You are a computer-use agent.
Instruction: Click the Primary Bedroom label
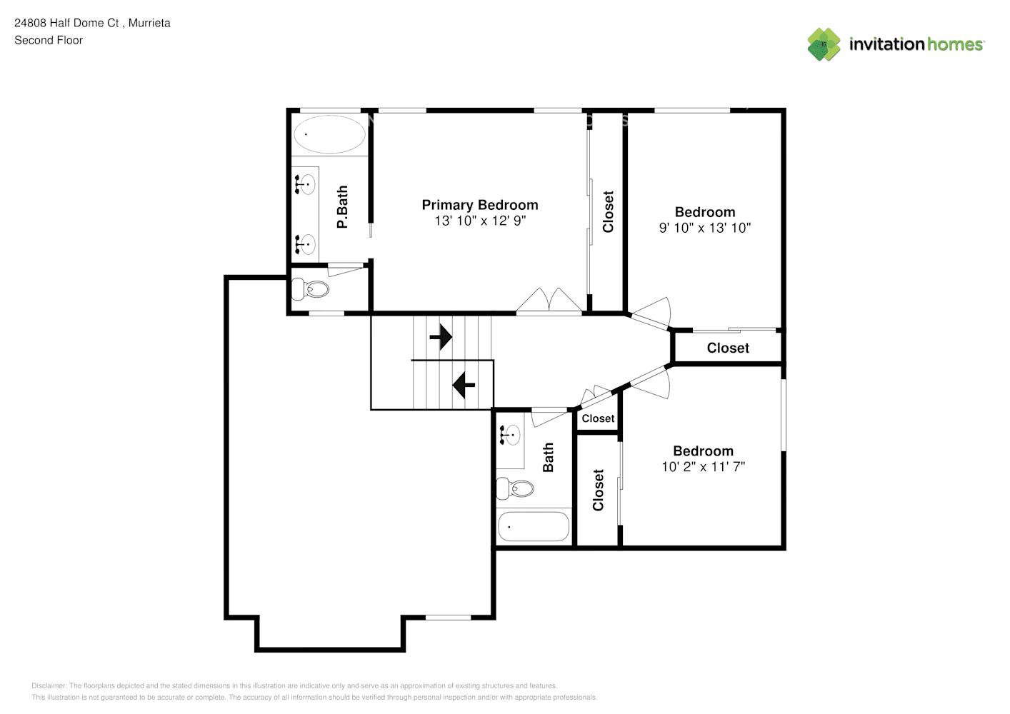pos(480,205)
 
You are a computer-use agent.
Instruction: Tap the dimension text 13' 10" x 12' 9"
pos(480,221)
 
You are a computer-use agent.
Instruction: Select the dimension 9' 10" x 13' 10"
pos(705,228)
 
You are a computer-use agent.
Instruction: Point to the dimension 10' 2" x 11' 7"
pos(703,466)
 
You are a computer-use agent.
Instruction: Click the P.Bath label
pos(342,207)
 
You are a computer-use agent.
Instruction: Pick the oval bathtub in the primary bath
pos(329,134)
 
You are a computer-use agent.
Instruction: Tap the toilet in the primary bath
pos(310,289)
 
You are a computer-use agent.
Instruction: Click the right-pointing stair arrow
pos(441,337)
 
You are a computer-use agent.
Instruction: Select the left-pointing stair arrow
pos(464,385)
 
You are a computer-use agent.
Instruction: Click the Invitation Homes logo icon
pos(824,44)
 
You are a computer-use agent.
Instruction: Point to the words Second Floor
pos(49,40)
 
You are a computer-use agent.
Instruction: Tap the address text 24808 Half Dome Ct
pos(66,23)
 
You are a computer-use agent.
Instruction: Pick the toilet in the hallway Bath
pos(515,488)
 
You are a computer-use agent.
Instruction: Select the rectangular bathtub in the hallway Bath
pos(534,526)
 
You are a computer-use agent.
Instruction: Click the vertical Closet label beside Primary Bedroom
pos(609,212)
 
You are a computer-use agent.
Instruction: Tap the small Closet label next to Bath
pos(598,418)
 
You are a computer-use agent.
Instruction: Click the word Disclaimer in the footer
pos(49,685)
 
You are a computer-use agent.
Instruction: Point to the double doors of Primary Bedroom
pos(549,300)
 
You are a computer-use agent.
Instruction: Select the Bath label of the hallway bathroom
pos(548,457)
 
